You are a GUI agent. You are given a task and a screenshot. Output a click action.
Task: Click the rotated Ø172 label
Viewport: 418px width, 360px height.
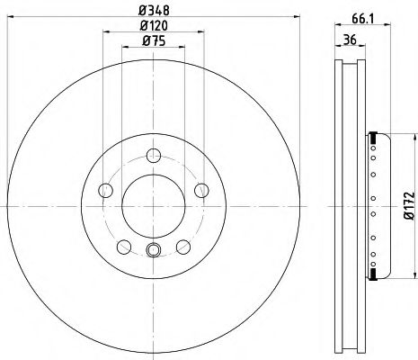(406, 204)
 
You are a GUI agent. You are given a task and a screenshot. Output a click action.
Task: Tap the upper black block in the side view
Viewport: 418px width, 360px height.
(371, 137)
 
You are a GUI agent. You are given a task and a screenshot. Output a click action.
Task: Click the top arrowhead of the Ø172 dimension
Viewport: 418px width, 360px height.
(413, 137)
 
